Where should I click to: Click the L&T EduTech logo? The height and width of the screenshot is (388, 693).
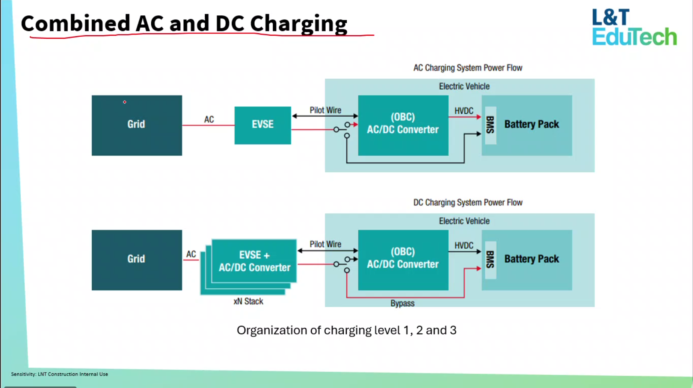634,27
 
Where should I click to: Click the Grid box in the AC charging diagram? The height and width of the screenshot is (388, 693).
137,125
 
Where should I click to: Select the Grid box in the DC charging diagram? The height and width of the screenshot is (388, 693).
137,260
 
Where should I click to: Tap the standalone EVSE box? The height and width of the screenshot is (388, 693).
263,125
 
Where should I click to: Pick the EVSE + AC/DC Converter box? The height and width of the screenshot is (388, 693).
254,261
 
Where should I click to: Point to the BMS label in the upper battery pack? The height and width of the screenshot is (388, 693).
491,125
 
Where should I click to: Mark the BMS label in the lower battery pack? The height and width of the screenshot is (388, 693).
491,260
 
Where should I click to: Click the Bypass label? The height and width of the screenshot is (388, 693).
402,303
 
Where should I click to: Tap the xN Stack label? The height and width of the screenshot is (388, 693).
248,301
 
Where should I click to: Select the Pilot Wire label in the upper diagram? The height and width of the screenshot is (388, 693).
325,110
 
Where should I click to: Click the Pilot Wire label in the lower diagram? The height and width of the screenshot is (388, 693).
325,244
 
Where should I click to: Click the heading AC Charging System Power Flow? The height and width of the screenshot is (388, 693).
468,68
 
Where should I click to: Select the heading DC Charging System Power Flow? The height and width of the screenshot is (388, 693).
468,202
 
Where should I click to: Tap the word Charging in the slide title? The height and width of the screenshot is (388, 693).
299,24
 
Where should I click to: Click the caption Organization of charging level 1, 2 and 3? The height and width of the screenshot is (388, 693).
346,330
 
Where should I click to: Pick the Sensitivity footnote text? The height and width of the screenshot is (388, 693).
59,374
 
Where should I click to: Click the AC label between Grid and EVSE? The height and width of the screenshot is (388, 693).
209,120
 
